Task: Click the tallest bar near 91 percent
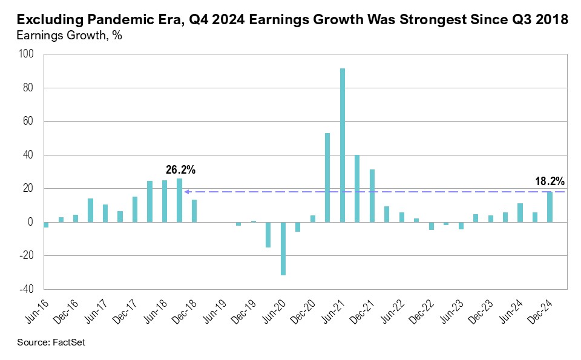(x=343, y=145)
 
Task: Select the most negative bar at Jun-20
(x=283, y=249)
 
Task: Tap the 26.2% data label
(x=180, y=171)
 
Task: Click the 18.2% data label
(x=550, y=181)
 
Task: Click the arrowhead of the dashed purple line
(x=188, y=192)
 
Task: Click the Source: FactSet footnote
(x=51, y=343)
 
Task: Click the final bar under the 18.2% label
(x=550, y=207)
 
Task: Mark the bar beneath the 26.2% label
(x=179, y=200)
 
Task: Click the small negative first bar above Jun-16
(x=46, y=224)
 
